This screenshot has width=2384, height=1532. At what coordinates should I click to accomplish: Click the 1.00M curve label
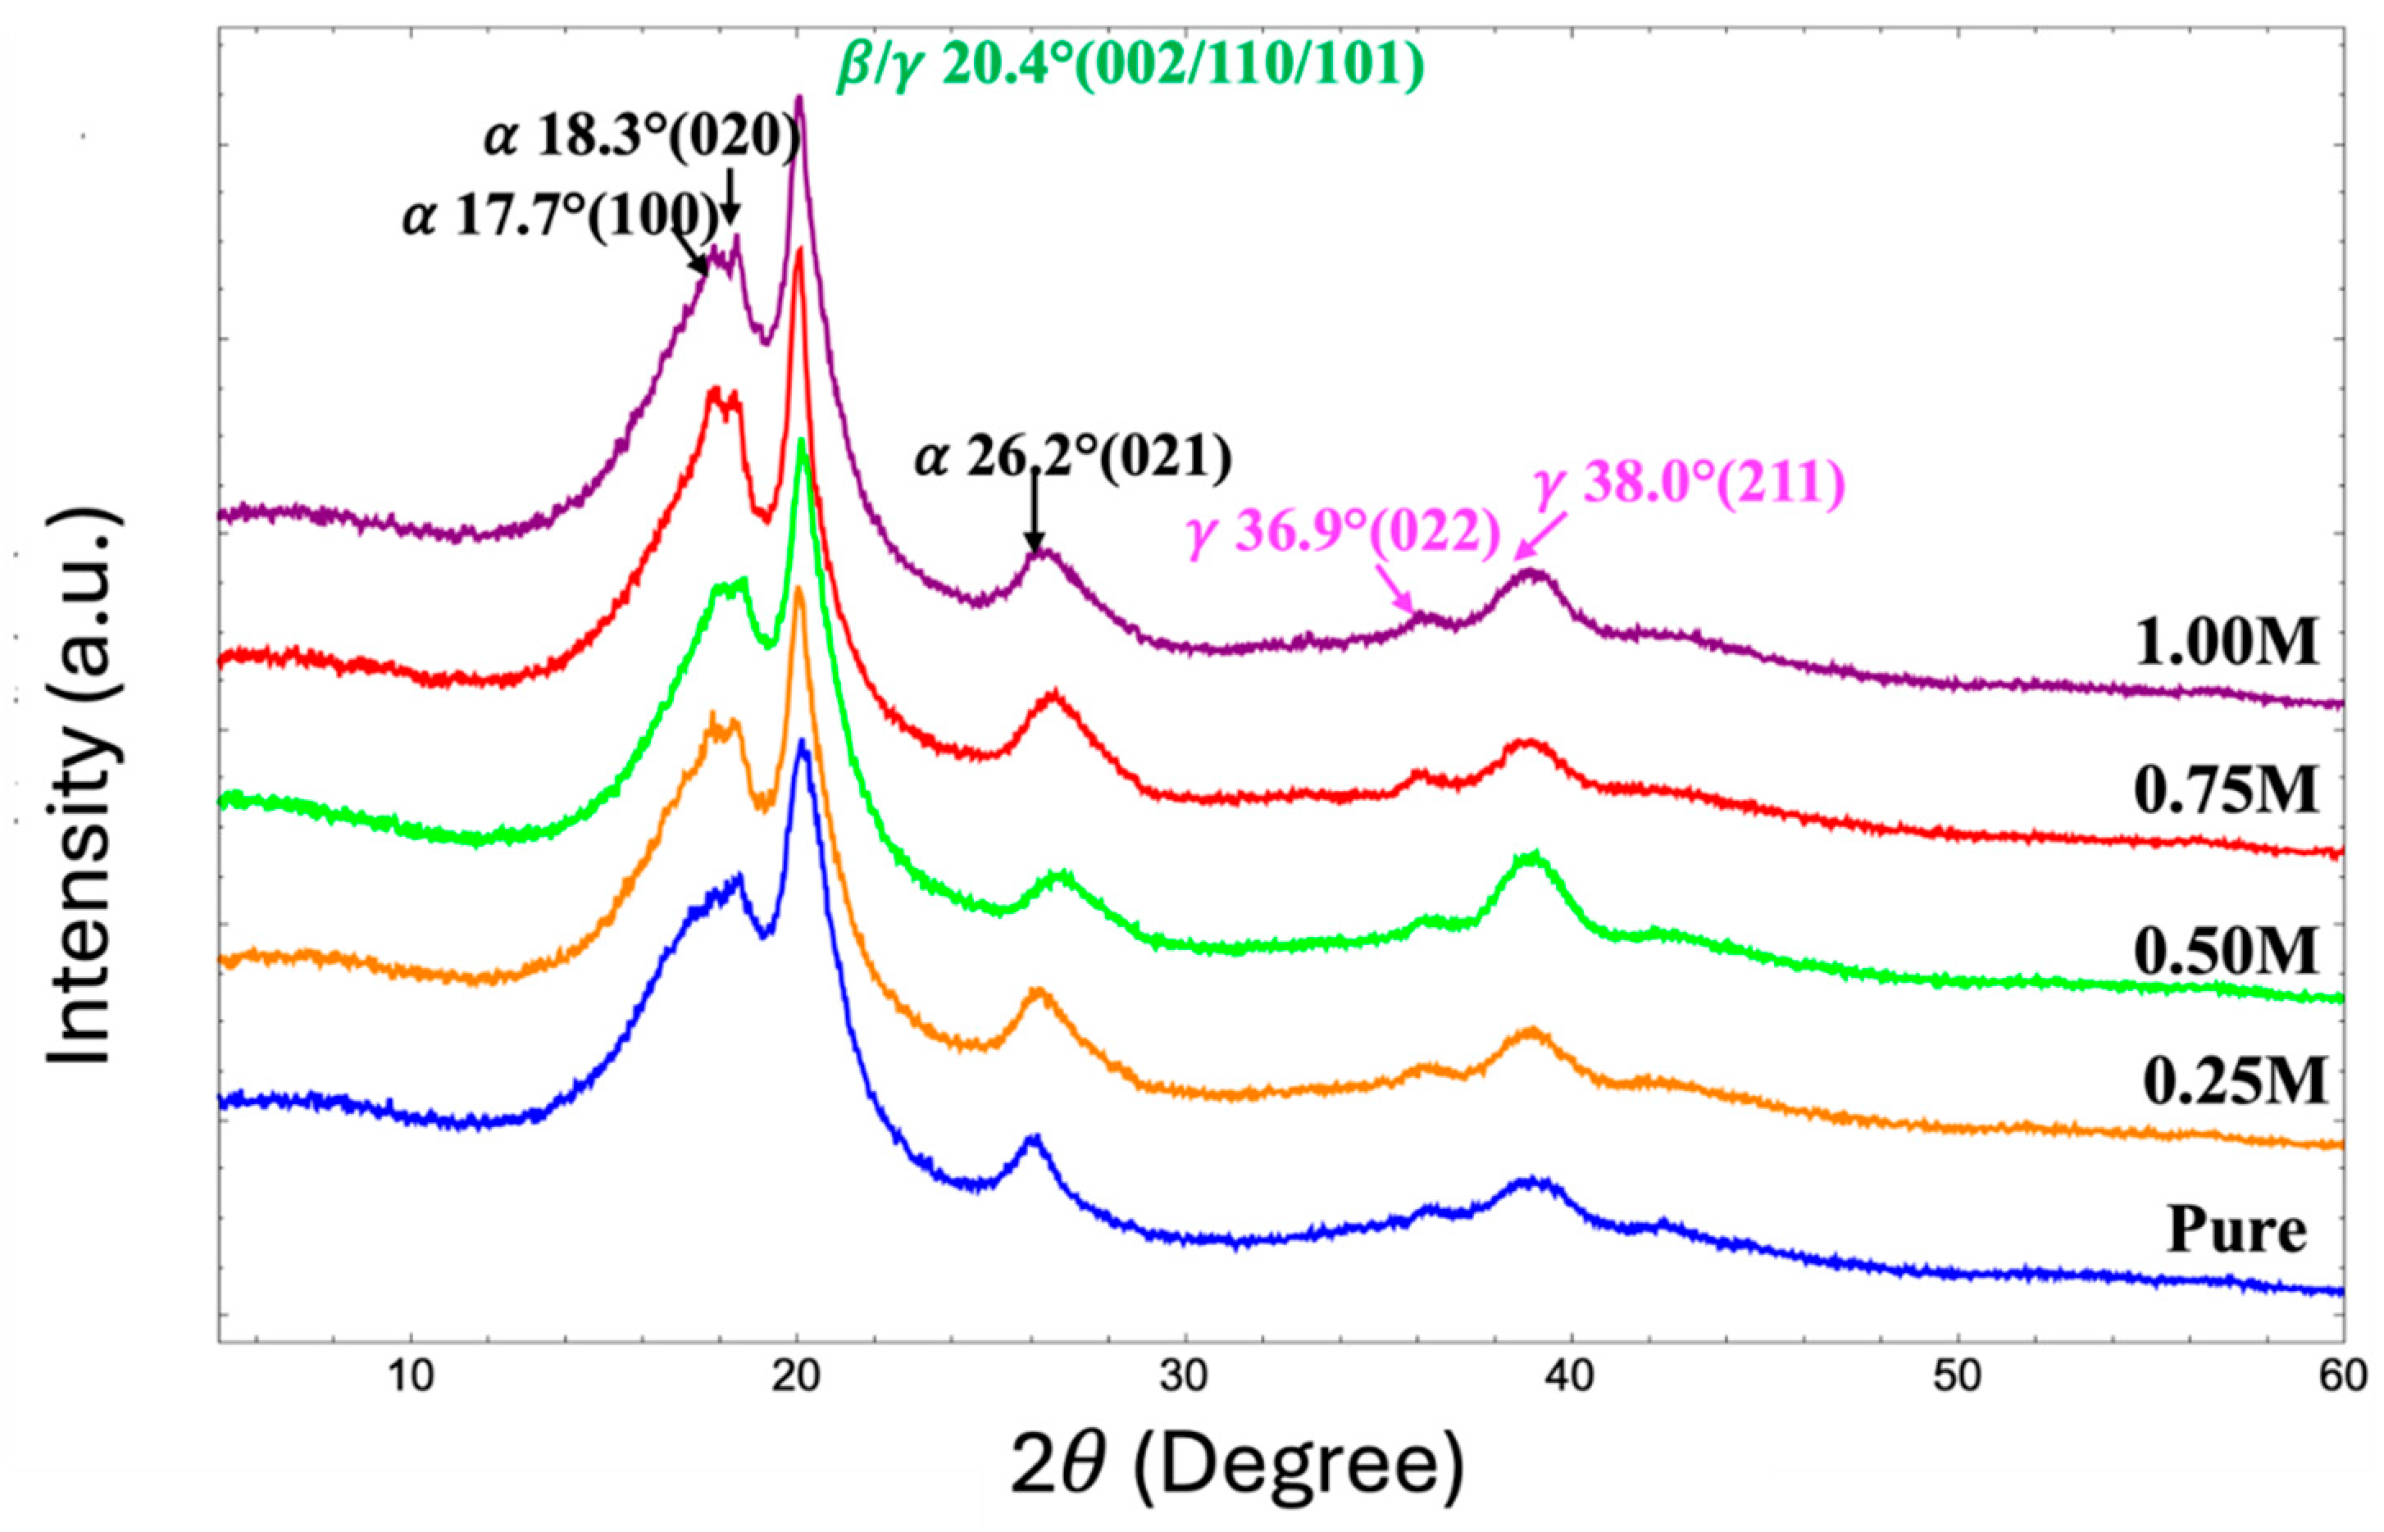(x=2225, y=643)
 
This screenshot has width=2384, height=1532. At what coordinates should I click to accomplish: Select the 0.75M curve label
(x=2225, y=792)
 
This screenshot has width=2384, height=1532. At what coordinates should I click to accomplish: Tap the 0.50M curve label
(x=2225, y=951)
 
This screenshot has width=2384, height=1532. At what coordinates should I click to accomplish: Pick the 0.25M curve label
(x=2234, y=1081)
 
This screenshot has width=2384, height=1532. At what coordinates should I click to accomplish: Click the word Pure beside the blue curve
(x=2236, y=1230)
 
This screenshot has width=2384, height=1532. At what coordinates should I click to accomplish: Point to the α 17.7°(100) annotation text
(x=559, y=216)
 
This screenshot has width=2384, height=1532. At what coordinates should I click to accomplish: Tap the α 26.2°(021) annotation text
(x=1072, y=458)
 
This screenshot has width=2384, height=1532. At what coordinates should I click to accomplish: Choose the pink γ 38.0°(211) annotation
(x=1687, y=485)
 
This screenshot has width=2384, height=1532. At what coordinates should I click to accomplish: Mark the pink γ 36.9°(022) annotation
(x=1342, y=535)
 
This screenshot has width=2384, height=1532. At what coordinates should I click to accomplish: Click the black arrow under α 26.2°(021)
(x=1034, y=512)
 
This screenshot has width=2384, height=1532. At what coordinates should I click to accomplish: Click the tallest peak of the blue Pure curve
(x=801, y=742)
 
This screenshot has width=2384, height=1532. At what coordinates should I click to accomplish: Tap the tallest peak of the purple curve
(x=798, y=98)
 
